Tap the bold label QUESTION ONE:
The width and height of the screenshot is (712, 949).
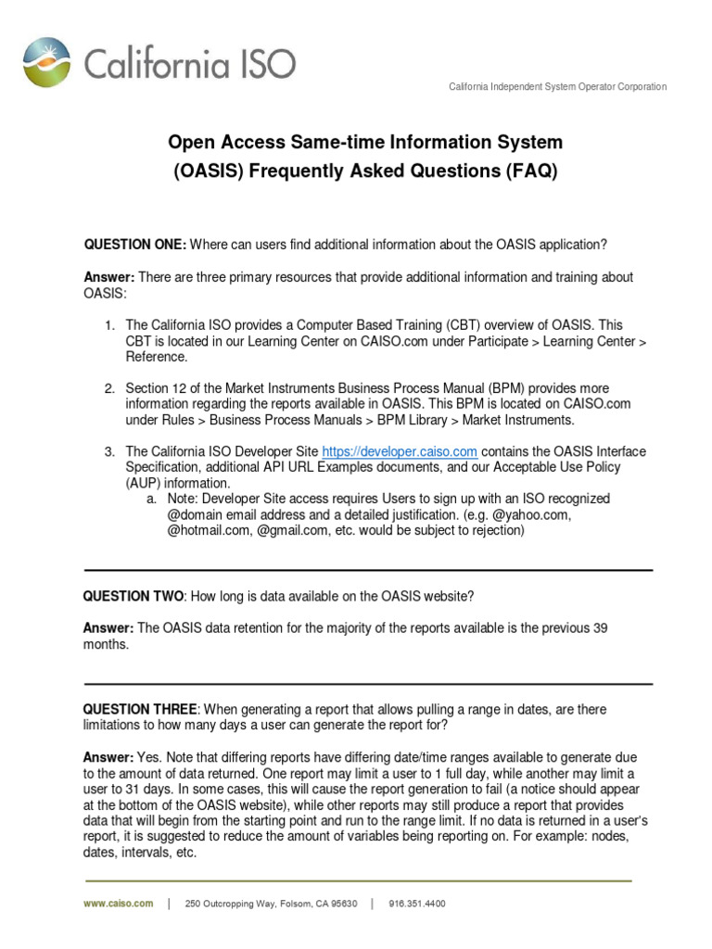pyautogui.click(x=135, y=245)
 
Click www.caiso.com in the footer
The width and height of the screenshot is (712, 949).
pyautogui.click(x=119, y=904)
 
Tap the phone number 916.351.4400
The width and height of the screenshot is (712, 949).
pyautogui.click(x=417, y=904)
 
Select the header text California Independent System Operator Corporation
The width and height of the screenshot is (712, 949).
pyautogui.click(x=557, y=87)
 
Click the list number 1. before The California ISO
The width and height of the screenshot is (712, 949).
pyautogui.click(x=109, y=325)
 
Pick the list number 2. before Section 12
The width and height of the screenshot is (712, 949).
pyautogui.click(x=109, y=388)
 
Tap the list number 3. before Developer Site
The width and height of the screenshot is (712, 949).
pyautogui.click(x=109, y=451)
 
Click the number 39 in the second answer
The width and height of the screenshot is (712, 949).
pyautogui.click(x=600, y=628)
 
